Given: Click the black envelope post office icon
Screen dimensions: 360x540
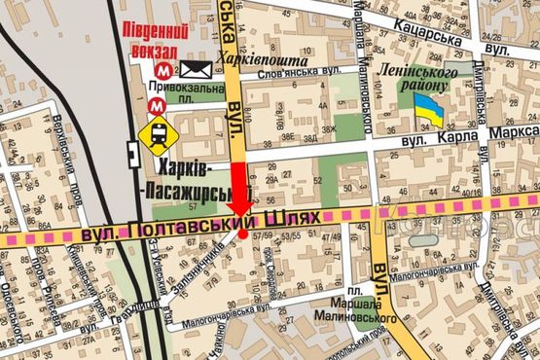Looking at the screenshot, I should (196, 69).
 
